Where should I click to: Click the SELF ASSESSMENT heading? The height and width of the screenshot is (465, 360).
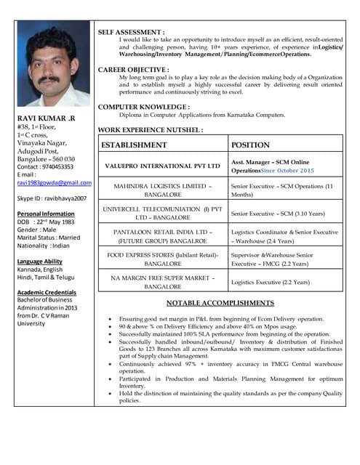131,33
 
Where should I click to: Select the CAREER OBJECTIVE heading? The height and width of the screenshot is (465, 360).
134,69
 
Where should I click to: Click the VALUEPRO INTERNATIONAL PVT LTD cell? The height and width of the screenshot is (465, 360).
163,166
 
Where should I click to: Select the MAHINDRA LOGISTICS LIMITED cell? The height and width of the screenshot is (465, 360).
163,190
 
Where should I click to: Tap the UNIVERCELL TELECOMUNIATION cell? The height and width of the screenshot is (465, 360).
163,214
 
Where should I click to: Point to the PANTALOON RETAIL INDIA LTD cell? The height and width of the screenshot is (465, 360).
163,236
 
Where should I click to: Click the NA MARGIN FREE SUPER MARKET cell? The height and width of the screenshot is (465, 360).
163,281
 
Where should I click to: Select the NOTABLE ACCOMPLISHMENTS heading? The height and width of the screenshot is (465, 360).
220,302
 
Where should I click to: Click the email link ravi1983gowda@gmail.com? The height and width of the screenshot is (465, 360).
54,183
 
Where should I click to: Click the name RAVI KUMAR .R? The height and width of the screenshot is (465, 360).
44,118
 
